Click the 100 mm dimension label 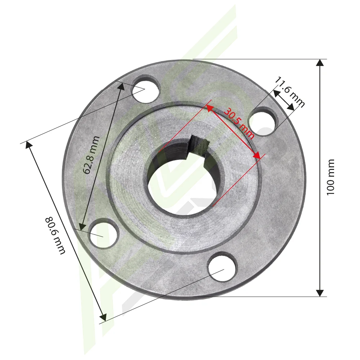[x=330, y=177]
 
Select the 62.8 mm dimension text [x=91, y=155]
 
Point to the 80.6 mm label [x=55, y=236]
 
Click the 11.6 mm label [x=290, y=92]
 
